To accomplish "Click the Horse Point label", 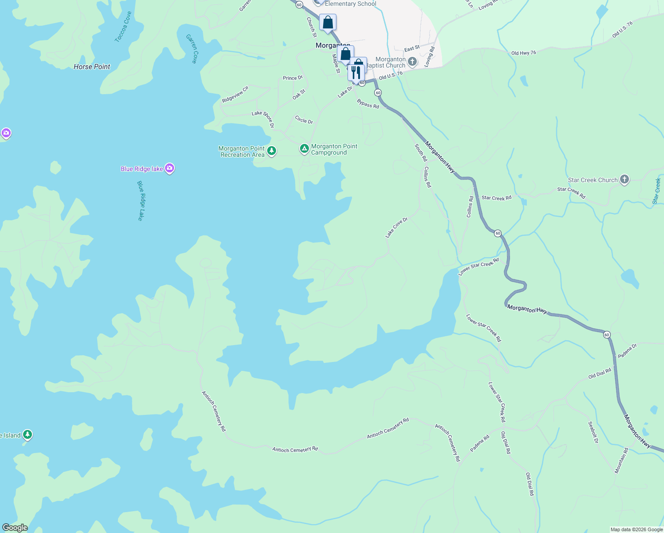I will pyautogui.click(x=92, y=67).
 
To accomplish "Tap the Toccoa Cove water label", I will pyautogui.click(x=123, y=27).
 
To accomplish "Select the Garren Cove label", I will pyautogui.click(x=192, y=48).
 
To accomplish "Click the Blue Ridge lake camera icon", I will pyautogui.click(x=169, y=168).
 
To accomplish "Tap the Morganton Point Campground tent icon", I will pyautogui.click(x=304, y=149).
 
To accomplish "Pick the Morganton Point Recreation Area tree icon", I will pyautogui.click(x=272, y=151).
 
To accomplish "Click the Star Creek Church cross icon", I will pyautogui.click(x=624, y=179).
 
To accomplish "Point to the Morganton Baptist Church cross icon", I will pyautogui.click(x=412, y=62).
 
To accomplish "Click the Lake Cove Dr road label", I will pyautogui.click(x=396, y=227).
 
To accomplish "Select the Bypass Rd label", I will pyautogui.click(x=368, y=104).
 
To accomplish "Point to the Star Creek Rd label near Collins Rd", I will pyautogui.click(x=497, y=198).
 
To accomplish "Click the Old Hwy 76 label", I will pyautogui.click(x=524, y=53).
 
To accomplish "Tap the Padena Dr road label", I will pyautogui.click(x=627, y=351).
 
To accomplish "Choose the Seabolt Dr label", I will pyautogui.click(x=593, y=432).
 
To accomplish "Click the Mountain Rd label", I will pyautogui.click(x=621, y=461).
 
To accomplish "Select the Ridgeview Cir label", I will pyautogui.click(x=235, y=95).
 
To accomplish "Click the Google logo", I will pyautogui.click(x=15, y=528).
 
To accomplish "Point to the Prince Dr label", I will pyautogui.click(x=292, y=78).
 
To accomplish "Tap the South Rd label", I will pyautogui.click(x=421, y=152).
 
